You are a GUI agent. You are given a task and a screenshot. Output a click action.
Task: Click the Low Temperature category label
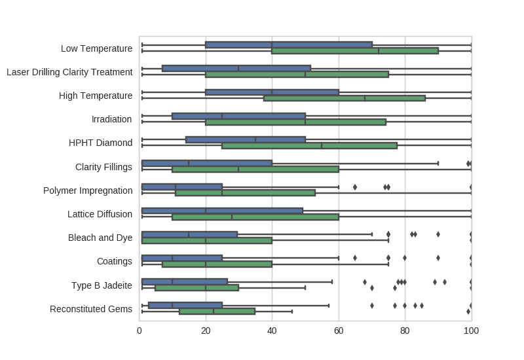coord(96,48)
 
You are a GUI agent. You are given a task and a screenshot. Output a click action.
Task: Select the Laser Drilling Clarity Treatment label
coord(69,72)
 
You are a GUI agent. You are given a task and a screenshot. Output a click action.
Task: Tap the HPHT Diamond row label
coord(100,143)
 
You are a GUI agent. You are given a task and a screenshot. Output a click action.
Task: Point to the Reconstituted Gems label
coord(91,309)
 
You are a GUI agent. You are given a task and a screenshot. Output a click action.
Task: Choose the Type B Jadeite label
coord(102,285)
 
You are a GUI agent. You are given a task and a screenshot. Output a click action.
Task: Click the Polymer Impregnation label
coord(88,190)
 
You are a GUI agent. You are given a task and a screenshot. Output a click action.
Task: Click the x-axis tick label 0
coord(140,331)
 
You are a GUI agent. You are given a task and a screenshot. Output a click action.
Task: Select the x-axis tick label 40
coord(272,331)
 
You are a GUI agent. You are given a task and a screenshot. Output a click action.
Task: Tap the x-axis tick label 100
coord(471,331)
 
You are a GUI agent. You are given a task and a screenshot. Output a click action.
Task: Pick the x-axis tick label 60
coord(339,331)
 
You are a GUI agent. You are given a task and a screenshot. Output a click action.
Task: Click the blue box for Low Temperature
coord(288,45)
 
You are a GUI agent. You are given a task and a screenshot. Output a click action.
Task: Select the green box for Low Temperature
coord(354,50)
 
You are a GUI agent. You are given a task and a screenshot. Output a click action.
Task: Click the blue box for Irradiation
coord(238,116)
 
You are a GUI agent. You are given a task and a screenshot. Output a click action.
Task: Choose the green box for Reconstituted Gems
coord(217,312)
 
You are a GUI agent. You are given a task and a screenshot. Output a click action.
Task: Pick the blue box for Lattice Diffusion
coord(222,211)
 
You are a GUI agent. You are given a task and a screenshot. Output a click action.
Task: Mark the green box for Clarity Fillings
coord(255,169)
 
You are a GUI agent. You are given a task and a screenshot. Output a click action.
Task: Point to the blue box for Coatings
coord(182,258)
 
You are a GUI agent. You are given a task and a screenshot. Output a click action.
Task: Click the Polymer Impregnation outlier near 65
coord(355,187)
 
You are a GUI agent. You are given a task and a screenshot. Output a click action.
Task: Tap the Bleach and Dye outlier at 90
coord(438,234)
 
